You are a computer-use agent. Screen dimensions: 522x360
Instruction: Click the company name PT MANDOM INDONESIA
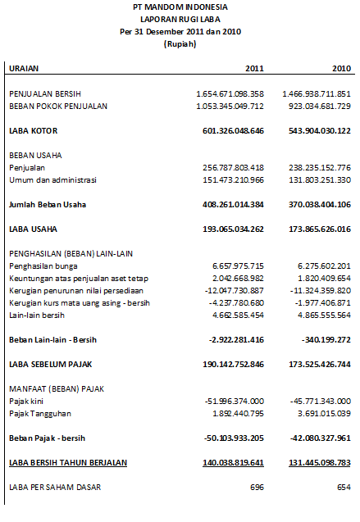coord(180,7)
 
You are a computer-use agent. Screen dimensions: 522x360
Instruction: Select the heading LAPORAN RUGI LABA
coord(180,20)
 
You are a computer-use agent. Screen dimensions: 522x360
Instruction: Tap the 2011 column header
coord(254,68)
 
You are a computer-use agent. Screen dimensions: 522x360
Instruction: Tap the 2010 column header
coord(340,68)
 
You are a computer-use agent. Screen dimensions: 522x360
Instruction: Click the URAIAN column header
coord(25,68)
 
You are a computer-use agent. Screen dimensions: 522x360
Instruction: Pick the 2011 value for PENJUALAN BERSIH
coord(230,94)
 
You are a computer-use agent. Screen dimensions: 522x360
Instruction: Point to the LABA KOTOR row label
coord(33,131)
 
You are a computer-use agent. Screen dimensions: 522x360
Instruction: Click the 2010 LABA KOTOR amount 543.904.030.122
coord(316,131)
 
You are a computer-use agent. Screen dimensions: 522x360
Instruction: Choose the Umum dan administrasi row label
coord(52,179)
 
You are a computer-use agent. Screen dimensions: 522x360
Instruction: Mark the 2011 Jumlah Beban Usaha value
coord(230,204)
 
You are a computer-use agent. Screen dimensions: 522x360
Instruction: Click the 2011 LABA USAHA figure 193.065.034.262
coord(230,229)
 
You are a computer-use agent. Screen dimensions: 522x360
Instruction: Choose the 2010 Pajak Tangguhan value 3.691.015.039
coord(320,413)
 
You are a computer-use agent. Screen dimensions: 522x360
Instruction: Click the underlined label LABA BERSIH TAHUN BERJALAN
coord(68,463)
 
